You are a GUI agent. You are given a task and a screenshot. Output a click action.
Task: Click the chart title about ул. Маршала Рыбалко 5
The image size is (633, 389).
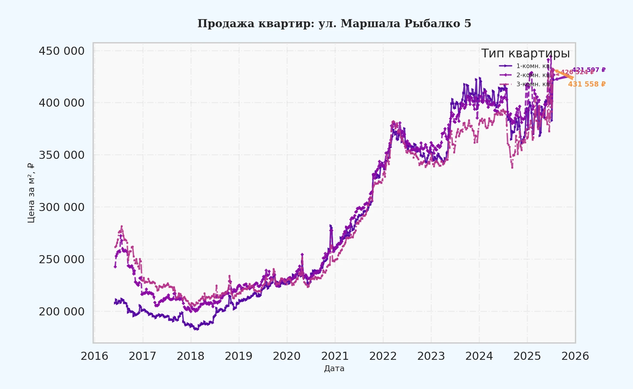coord(334,24)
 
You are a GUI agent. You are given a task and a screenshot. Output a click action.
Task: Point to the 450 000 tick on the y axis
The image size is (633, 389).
coord(62,51)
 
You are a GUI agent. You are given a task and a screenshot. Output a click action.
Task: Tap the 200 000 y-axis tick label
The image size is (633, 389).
coord(62,312)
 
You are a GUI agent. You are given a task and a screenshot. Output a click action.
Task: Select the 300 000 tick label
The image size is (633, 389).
coord(62,207)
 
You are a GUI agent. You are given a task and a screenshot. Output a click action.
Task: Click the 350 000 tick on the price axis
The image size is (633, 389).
coord(62,155)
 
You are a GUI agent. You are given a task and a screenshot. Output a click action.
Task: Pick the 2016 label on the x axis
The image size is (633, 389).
coord(94,356)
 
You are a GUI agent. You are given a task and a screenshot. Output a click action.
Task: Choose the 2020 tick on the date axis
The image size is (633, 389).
coord(287,356)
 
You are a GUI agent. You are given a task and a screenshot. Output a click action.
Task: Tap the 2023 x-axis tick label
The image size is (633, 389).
coord(431,356)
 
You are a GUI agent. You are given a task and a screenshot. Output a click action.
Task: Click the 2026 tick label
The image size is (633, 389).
coord(575,356)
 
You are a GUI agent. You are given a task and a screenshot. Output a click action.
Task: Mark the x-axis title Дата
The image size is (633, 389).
coord(334,369)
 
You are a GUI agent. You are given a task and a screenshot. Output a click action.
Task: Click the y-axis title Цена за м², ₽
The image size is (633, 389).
coord(31,193)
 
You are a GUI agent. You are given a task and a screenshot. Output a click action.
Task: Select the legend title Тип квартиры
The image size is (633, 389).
coord(525,53)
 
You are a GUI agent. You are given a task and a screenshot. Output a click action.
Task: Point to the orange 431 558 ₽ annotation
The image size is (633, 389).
coord(587,84)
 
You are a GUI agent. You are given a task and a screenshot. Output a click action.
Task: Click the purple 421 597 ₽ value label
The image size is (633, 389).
coord(589,70)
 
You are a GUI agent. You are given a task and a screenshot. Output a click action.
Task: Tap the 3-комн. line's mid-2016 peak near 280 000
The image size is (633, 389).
coord(121,227)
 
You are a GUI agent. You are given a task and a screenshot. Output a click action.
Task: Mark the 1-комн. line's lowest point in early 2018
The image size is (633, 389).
coord(196,329)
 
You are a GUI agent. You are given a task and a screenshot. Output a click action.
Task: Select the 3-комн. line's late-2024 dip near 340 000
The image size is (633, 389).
coord(512,167)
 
